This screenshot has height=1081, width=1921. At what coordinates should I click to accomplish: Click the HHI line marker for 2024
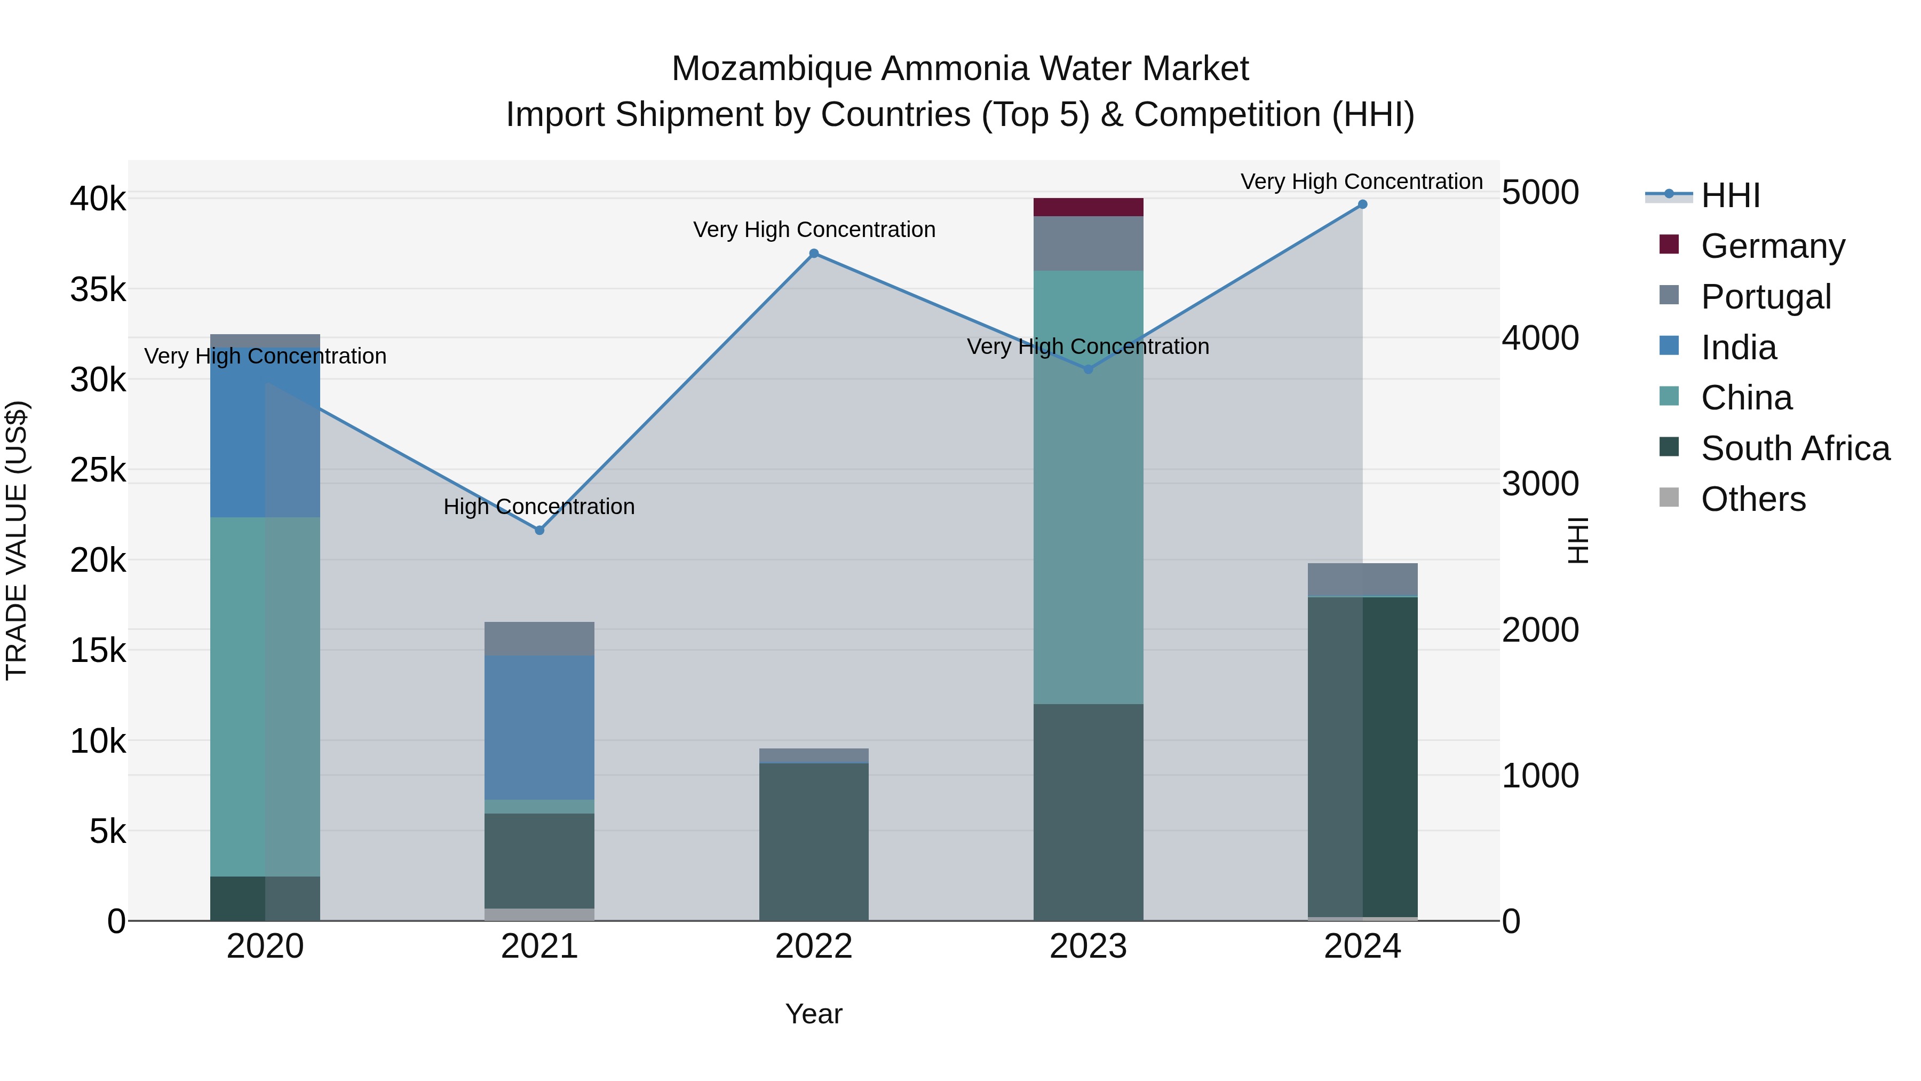(1362, 204)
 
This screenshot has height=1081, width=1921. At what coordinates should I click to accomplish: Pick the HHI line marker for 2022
(814, 254)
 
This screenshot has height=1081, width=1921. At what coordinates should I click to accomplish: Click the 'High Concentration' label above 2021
(539, 507)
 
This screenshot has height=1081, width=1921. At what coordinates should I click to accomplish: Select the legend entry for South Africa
(1795, 448)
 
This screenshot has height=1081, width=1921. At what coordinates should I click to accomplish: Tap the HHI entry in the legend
(1730, 195)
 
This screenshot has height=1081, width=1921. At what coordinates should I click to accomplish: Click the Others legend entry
(1752, 499)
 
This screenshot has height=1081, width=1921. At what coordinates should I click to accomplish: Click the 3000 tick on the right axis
(1540, 484)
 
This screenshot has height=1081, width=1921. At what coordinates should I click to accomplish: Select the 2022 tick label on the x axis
(814, 946)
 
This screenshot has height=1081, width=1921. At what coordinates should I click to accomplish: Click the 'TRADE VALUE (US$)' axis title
(17, 540)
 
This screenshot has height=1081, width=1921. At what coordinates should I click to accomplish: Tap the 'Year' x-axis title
(814, 1014)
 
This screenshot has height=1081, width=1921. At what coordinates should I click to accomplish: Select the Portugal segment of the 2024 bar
(1362, 580)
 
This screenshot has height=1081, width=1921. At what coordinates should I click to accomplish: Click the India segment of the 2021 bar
(539, 728)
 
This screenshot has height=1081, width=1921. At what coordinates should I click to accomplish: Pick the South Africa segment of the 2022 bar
(814, 841)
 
